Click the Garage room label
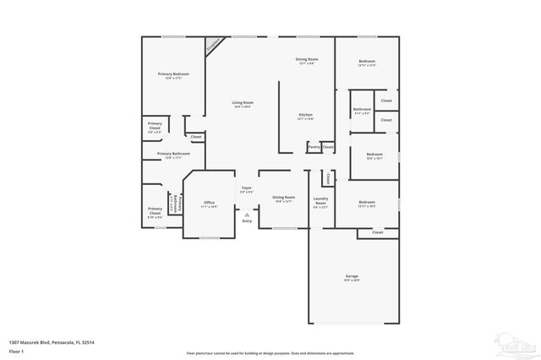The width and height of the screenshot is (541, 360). tap(352, 276)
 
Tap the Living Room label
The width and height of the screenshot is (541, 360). tap(243, 103)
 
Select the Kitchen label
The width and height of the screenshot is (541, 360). tap(305, 114)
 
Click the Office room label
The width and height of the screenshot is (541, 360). tap(210, 203)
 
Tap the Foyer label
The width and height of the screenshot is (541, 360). tap(247, 188)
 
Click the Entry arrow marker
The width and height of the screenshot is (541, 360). tap(247, 214)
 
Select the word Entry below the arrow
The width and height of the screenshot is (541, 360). tap(247, 221)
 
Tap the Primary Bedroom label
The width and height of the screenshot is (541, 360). tap(173, 74)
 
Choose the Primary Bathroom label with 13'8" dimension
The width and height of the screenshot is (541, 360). tap(173, 154)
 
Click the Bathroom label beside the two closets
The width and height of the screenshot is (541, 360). tap(362, 109)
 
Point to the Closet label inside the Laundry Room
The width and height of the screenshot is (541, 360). tap(327, 178)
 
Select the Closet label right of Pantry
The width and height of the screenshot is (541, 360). tap(327, 147)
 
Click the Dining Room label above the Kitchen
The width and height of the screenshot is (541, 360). tap(307, 59)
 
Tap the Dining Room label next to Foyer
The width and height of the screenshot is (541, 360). tap(284, 197)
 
